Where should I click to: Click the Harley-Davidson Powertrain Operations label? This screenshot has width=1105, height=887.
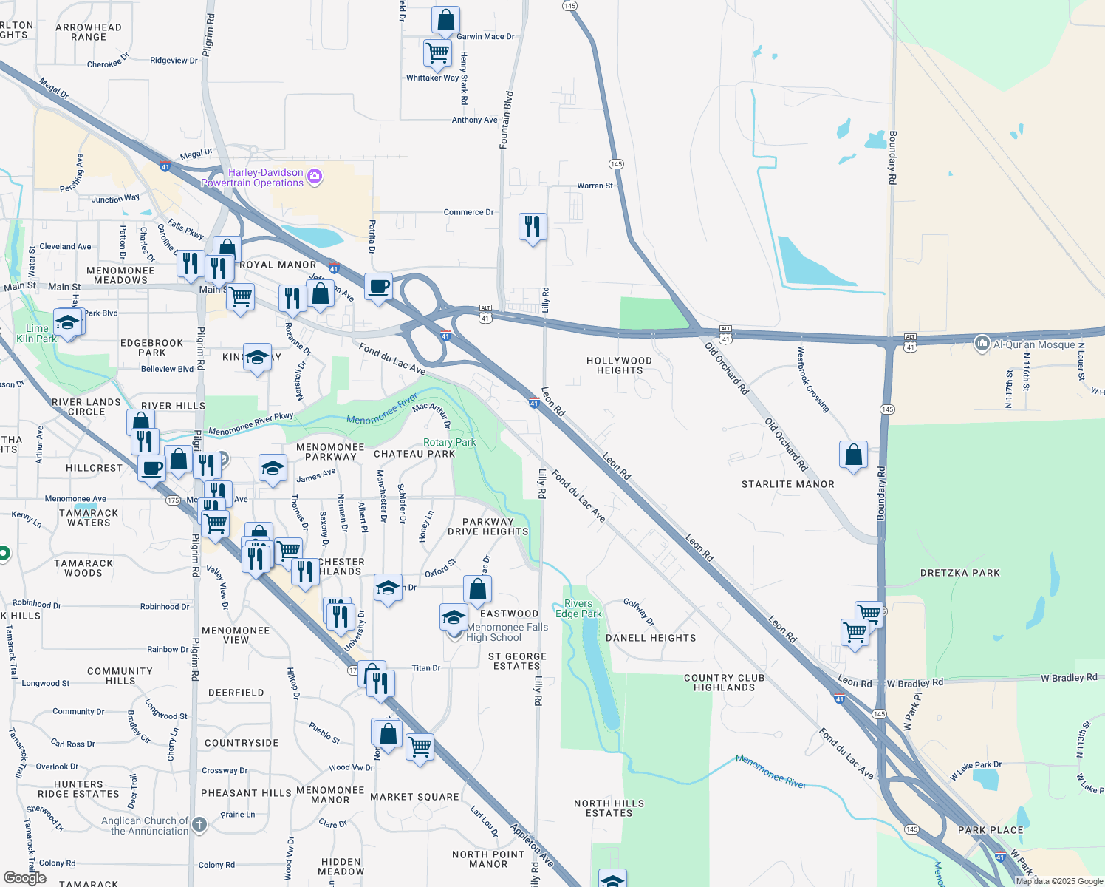(x=253, y=177)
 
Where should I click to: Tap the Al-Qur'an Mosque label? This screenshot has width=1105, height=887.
(x=1034, y=344)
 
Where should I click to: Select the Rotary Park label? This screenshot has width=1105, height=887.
(x=449, y=442)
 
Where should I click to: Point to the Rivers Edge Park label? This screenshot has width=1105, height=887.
(x=578, y=608)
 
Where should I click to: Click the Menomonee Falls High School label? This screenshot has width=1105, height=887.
(x=507, y=632)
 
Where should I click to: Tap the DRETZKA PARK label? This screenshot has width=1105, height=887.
(x=959, y=573)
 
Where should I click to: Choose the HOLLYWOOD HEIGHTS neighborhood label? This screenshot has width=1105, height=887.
(x=619, y=365)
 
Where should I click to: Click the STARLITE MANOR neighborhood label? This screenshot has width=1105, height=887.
(x=787, y=484)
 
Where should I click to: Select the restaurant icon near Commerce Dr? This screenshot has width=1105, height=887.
(x=533, y=227)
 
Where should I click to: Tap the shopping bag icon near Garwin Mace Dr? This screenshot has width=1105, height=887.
(x=445, y=21)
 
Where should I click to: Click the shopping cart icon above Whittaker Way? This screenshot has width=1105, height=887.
(x=437, y=53)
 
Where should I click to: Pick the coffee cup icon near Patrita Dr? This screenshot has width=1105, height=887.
(x=378, y=287)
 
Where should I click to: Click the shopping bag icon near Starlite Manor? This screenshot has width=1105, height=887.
(x=853, y=455)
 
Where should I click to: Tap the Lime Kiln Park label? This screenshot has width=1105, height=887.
(x=37, y=333)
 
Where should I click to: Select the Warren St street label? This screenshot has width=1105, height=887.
(x=595, y=186)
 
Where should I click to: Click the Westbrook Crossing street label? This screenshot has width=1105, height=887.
(x=812, y=379)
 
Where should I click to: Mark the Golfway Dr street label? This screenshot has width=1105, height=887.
(x=638, y=612)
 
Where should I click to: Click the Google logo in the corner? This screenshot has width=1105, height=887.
(x=24, y=878)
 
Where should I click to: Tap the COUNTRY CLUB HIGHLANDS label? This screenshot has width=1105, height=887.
(x=724, y=682)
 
